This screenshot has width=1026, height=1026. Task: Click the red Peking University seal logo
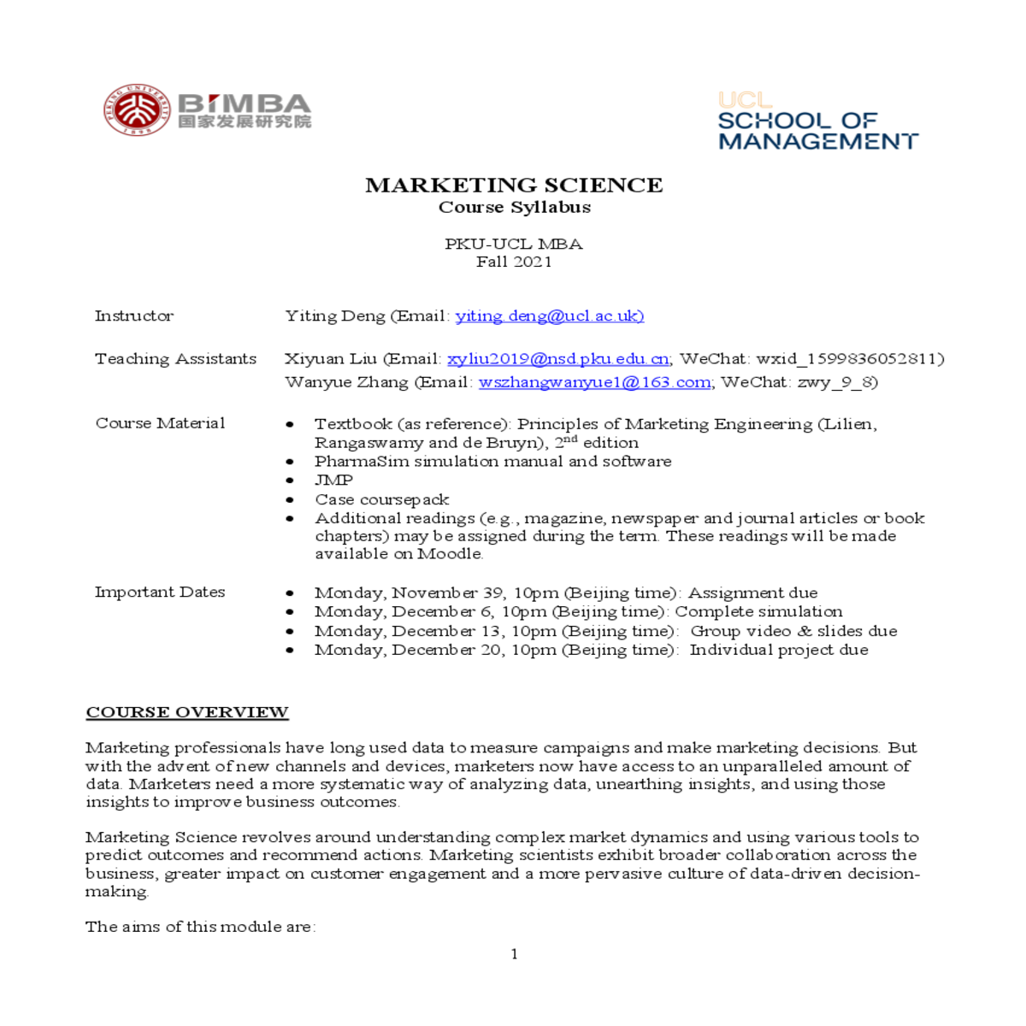(x=137, y=109)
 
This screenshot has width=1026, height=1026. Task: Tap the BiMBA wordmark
(x=245, y=103)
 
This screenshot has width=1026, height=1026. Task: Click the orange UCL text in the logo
(x=745, y=100)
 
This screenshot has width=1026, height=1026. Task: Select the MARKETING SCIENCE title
(x=514, y=185)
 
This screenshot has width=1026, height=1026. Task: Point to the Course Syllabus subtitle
(x=514, y=207)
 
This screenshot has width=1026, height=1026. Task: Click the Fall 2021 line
(x=514, y=262)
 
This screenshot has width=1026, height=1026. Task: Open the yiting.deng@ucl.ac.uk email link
(x=549, y=315)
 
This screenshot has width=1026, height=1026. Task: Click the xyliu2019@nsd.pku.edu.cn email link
(x=557, y=359)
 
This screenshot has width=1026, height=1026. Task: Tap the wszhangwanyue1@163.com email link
(x=594, y=382)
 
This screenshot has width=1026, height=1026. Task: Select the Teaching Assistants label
(x=175, y=359)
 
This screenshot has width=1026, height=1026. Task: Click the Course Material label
(x=160, y=423)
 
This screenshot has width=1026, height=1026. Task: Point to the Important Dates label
(x=160, y=592)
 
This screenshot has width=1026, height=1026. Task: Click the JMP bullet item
(x=333, y=481)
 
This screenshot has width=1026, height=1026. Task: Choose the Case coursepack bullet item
(x=381, y=499)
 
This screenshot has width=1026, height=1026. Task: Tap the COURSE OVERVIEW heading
(x=187, y=712)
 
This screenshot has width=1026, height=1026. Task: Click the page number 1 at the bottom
(x=514, y=954)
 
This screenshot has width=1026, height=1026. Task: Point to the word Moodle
(x=450, y=554)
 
